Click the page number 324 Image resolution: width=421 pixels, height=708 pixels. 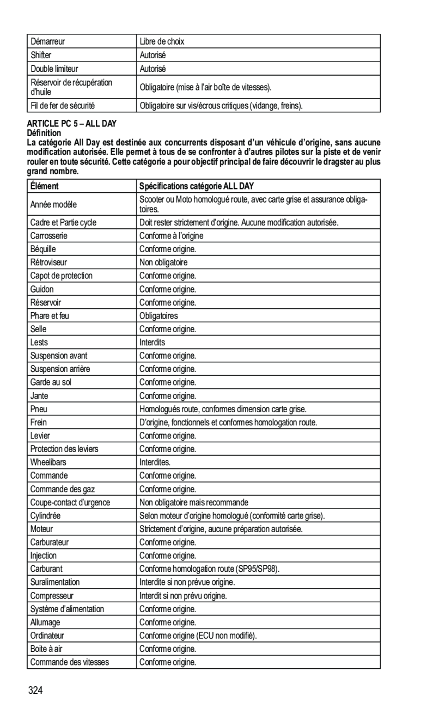[x=35, y=691]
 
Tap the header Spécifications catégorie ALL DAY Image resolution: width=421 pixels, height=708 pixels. [x=197, y=186]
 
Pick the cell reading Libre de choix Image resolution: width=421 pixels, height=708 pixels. [x=162, y=41]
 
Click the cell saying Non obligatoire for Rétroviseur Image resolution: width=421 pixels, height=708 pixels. [x=163, y=263]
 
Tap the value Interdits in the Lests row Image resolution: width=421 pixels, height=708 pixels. [x=152, y=343]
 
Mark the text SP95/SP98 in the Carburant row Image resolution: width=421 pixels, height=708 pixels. [x=259, y=569]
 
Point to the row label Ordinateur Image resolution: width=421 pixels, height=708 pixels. [x=47, y=636]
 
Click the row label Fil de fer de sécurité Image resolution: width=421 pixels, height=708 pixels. [x=63, y=105]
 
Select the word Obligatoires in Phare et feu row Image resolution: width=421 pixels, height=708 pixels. [x=158, y=316]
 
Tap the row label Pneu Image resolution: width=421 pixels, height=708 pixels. [x=38, y=409]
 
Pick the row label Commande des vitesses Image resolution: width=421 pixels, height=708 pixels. [x=70, y=662]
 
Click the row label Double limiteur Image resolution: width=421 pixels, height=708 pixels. [x=54, y=69]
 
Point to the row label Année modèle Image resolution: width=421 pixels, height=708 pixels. [x=53, y=204]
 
